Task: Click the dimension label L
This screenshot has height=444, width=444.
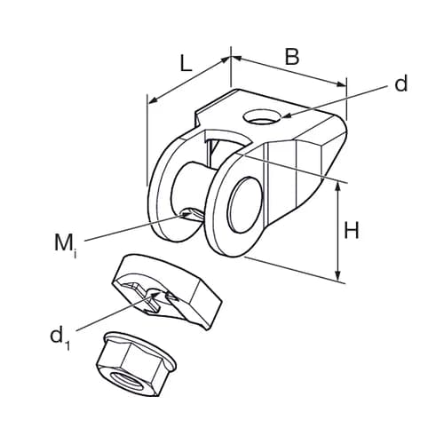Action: [186, 64]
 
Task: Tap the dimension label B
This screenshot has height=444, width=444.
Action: [292, 56]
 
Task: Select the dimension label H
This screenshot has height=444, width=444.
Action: [351, 231]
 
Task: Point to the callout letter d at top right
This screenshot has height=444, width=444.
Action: [401, 83]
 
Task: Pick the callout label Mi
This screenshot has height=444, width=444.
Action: [65, 243]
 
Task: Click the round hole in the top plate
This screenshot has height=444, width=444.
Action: [262, 116]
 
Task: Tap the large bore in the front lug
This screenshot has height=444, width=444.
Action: [245, 204]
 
